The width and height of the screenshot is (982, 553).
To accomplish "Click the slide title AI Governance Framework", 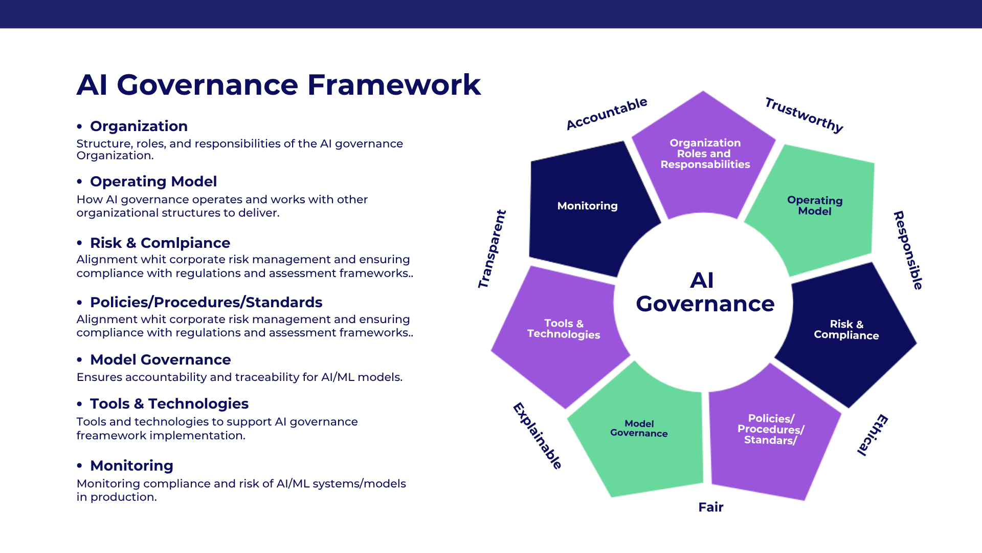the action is point(279,84).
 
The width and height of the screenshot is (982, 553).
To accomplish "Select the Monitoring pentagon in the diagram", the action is point(588,207).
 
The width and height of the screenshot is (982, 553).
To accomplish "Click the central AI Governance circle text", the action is point(705,292).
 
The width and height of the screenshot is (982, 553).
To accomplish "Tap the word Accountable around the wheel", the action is point(607,114).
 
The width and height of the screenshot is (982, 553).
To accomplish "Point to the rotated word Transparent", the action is point(492,249).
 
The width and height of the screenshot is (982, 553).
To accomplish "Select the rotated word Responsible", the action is point(908,250).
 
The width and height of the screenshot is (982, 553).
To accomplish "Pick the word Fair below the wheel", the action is point(711,507).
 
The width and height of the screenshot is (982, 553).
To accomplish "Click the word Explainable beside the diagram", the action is point(538,436).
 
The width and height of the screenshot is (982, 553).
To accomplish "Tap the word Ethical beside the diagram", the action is point(873,435).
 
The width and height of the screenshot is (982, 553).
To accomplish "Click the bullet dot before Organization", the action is point(79,126).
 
